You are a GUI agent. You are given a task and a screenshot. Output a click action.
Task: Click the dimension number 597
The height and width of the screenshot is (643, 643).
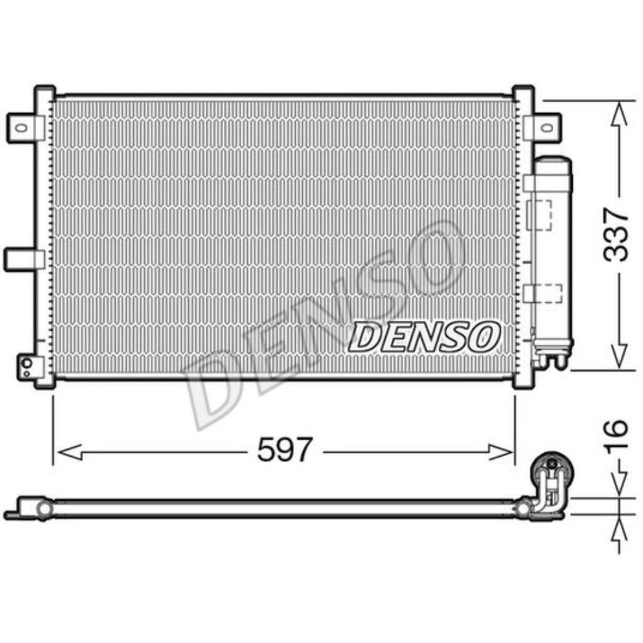click(x=285, y=450)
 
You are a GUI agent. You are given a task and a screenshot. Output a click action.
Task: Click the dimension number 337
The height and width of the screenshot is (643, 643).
click(x=615, y=234)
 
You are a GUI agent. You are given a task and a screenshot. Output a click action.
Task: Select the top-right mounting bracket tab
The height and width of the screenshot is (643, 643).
click(x=544, y=126)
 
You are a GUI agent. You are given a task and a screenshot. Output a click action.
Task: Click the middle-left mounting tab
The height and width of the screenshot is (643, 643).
click(x=21, y=259)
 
